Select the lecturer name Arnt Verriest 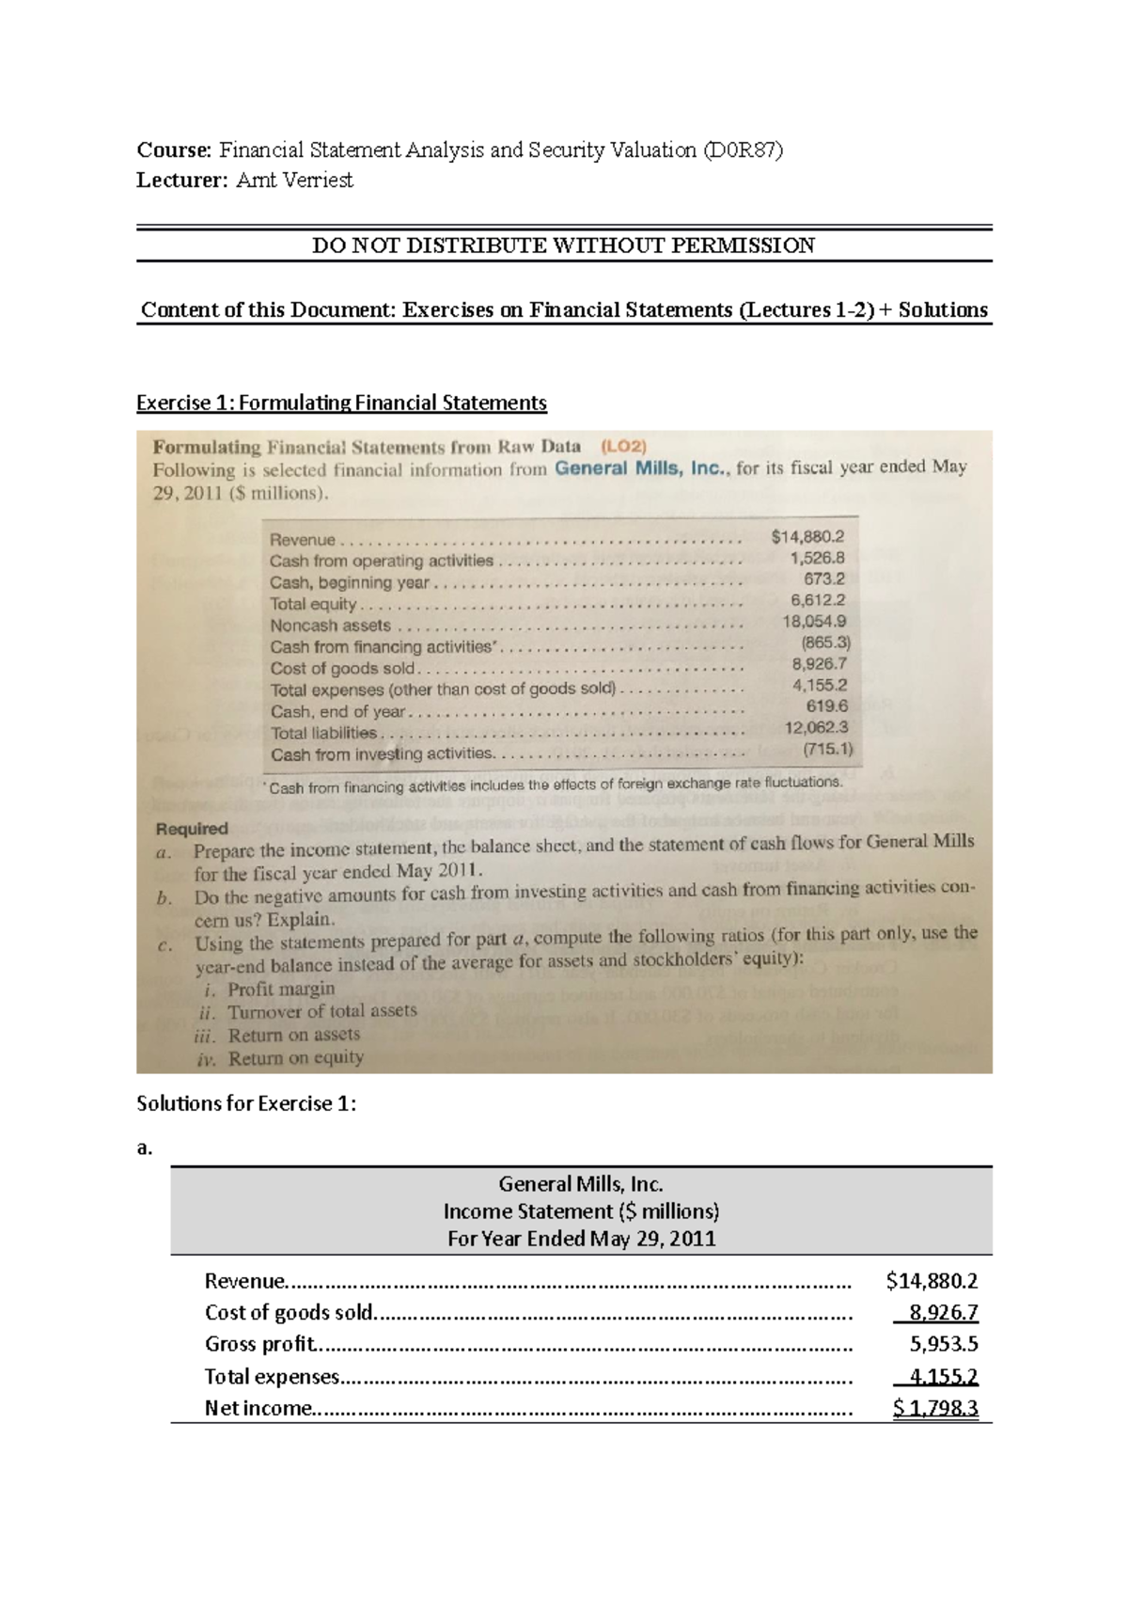point(294,181)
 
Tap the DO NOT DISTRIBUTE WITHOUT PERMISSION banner point(563,245)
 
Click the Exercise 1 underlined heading point(341,403)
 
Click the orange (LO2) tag point(623,446)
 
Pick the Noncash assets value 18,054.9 point(814,622)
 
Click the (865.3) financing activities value point(825,643)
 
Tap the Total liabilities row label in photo point(323,733)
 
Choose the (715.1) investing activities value point(827,750)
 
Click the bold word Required point(192,829)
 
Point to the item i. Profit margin point(270,988)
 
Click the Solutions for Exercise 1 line point(246,1103)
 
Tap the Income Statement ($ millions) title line point(581,1211)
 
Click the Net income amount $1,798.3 point(935,1408)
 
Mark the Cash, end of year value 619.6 point(827,705)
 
